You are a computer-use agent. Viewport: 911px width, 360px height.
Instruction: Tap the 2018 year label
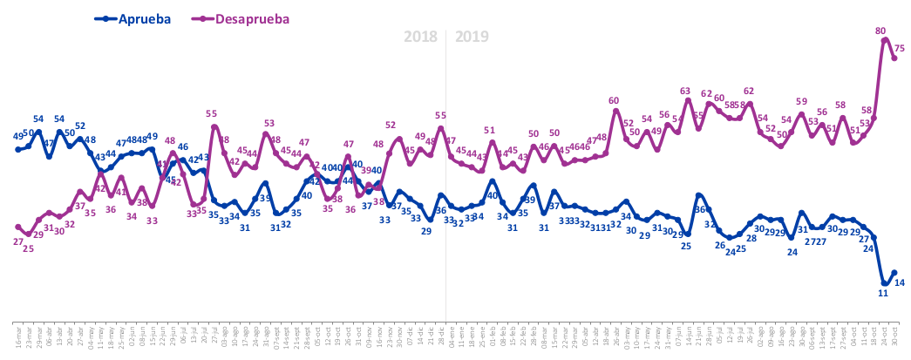pos(420,37)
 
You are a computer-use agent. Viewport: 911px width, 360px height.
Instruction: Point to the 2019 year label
pos(472,37)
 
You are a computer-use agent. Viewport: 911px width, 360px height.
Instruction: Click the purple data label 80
pos(880,31)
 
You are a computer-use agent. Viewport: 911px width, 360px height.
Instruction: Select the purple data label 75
pos(900,48)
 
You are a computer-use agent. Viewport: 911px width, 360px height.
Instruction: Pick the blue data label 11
pos(882,294)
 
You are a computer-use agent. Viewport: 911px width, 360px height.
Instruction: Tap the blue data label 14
pos(901,282)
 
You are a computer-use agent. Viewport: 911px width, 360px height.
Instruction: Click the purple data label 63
pos(685,91)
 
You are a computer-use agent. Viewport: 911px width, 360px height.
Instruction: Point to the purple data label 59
pos(801,102)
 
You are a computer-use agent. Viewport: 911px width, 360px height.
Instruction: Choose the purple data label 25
pos(28,248)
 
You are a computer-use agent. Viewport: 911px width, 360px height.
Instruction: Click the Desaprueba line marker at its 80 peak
pos(885,40)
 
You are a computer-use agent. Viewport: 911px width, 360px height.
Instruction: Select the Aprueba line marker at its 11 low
pos(885,282)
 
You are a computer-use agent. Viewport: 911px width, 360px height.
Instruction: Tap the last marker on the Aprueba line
pos(894,273)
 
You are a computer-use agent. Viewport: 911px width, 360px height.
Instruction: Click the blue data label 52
pos(80,126)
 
